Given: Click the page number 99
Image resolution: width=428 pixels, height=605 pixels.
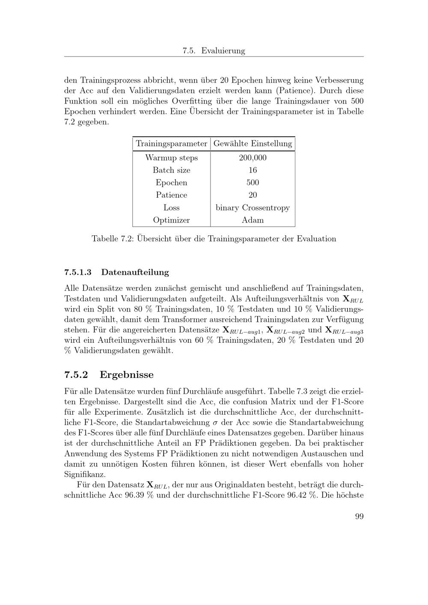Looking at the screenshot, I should (x=359, y=516).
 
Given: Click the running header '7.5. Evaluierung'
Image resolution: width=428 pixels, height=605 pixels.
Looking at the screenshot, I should (x=214, y=50).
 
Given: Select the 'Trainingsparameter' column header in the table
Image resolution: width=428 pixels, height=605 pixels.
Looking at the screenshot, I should (x=171, y=144).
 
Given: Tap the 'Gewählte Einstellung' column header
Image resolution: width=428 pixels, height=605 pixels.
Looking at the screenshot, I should (x=253, y=144).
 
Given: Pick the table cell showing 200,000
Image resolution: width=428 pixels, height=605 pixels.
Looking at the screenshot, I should (x=253, y=158).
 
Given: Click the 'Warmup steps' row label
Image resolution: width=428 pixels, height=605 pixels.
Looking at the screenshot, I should (x=171, y=158).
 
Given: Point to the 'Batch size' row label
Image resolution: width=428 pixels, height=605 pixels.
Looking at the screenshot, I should (x=171, y=170).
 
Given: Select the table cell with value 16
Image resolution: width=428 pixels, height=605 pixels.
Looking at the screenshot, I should (x=253, y=170).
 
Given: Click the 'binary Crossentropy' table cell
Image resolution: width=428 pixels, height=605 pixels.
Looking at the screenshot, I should (x=253, y=208).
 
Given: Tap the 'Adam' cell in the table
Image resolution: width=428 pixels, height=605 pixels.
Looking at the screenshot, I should (x=253, y=220).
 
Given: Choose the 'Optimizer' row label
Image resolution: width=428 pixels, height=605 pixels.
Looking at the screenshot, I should (x=171, y=220).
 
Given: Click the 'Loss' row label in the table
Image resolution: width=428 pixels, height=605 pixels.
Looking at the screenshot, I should (x=171, y=208).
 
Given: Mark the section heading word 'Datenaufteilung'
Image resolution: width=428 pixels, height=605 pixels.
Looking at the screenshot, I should (x=135, y=272).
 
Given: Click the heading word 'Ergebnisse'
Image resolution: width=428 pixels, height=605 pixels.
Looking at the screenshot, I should (x=126, y=375).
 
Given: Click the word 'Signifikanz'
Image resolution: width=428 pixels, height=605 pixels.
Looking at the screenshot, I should (x=84, y=475).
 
